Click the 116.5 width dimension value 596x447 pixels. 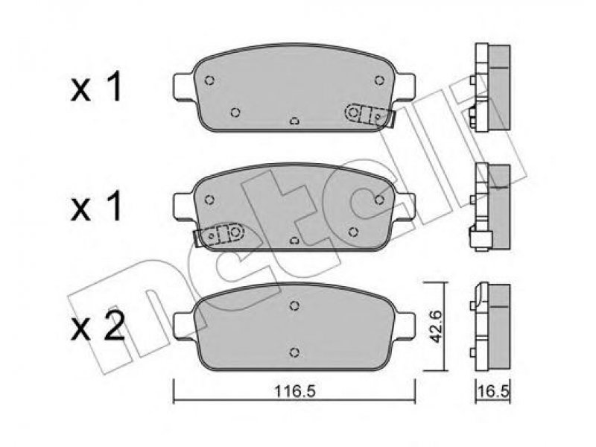click(x=294, y=390)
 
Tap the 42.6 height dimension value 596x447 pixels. click(x=437, y=326)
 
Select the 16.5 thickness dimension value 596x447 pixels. click(x=493, y=392)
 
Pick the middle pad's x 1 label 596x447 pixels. click(x=97, y=206)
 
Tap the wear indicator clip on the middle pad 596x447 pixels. click(x=218, y=234)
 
